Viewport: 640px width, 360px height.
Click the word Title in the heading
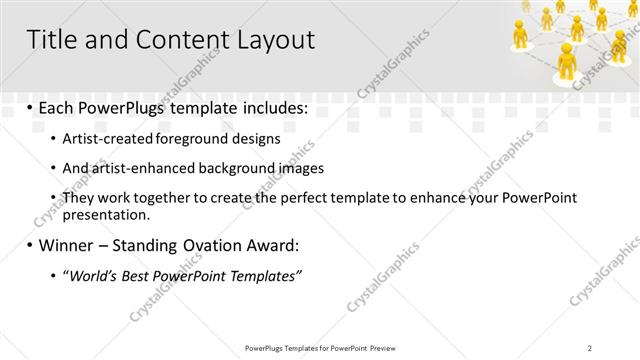pyautogui.click(x=51, y=40)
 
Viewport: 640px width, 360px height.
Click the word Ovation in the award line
pyautogui.click(x=210, y=245)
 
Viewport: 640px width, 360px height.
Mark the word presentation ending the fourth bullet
pyautogui.click(x=105, y=214)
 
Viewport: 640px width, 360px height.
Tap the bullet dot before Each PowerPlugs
pyautogui.click(x=30, y=108)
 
